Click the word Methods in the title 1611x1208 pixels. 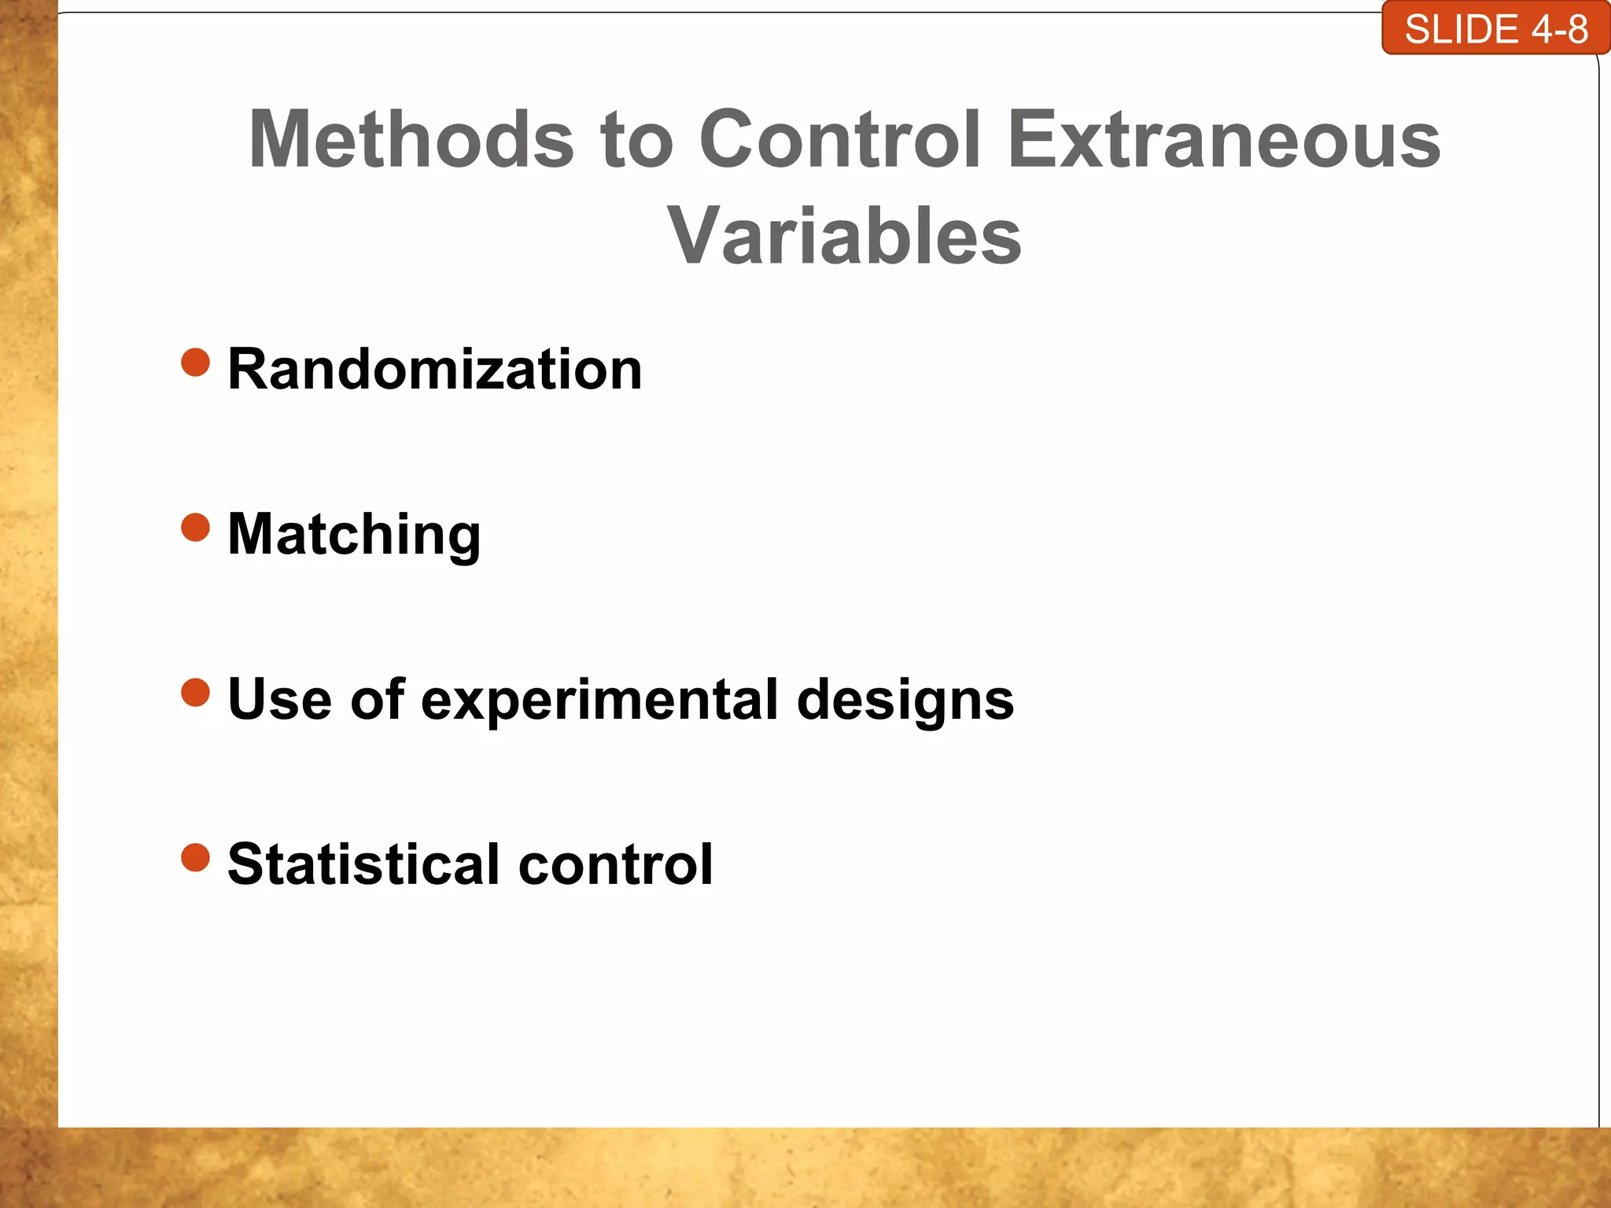(x=411, y=140)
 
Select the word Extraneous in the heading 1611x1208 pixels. (x=1223, y=140)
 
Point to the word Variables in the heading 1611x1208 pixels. (x=844, y=237)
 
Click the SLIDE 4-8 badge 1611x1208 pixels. (x=1495, y=29)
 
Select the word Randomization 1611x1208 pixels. (x=434, y=370)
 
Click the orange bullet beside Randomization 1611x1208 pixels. (x=196, y=363)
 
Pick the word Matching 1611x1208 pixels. (x=354, y=535)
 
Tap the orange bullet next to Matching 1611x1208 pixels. (x=196, y=528)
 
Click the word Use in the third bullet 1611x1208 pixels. (x=279, y=699)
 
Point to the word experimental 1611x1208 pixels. (x=599, y=701)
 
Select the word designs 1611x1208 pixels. (x=905, y=701)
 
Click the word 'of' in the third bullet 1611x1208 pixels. (x=378, y=699)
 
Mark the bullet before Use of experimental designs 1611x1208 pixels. (x=196, y=693)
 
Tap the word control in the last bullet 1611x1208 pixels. (x=615, y=864)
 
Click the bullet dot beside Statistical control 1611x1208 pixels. (x=196, y=858)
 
